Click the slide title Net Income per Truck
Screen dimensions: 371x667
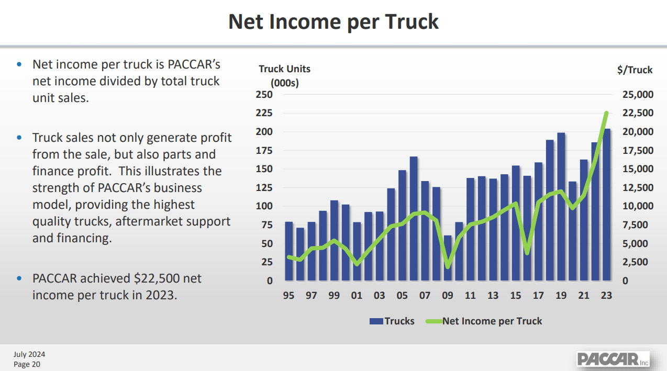(333, 22)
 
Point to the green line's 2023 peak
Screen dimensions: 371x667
(606, 113)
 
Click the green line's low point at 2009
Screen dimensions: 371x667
(448, 266)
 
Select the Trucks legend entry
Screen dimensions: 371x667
(392, 321)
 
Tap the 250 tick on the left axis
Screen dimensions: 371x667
(264, 95)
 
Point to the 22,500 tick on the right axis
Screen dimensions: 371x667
(638, 113)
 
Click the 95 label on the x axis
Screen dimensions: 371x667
(288, 296)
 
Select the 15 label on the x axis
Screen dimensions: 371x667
(516, 296)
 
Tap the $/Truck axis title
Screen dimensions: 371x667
(635, 70)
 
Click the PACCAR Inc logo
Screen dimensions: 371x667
(613, 359)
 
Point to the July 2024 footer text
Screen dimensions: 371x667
(29, 355)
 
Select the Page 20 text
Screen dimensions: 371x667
(27, 364)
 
